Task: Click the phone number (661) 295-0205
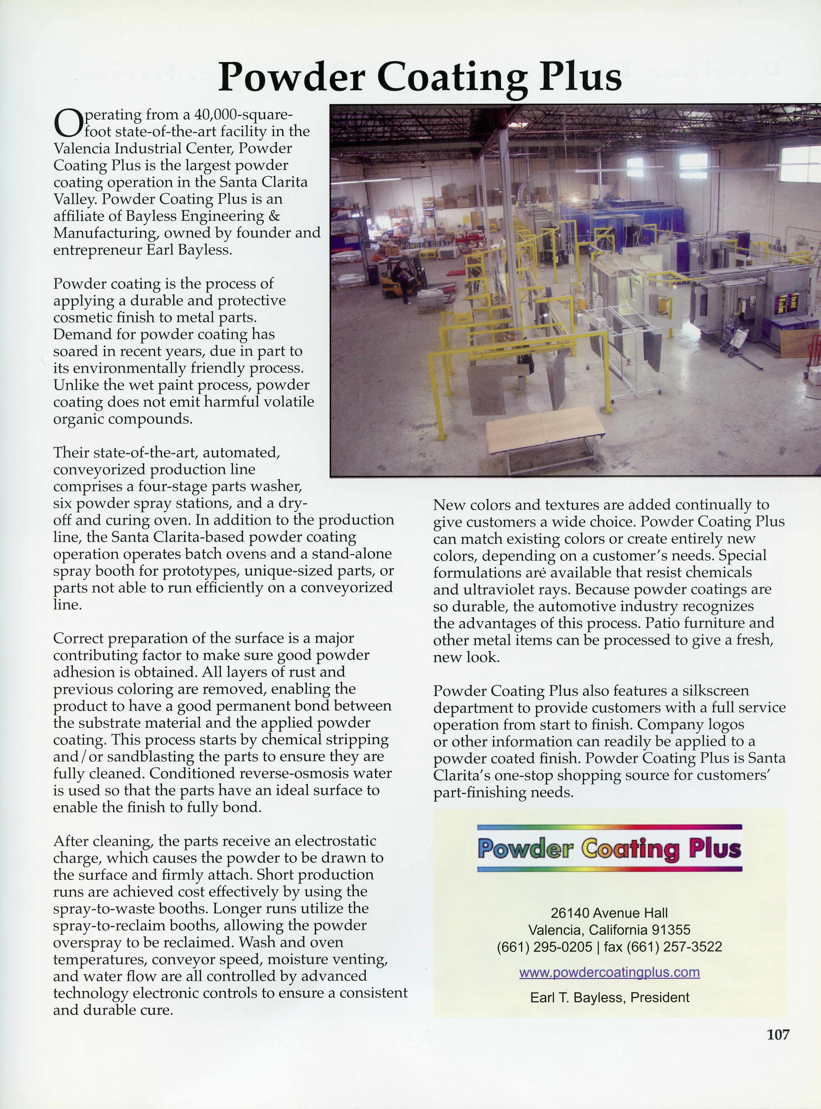click(544, 947)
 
